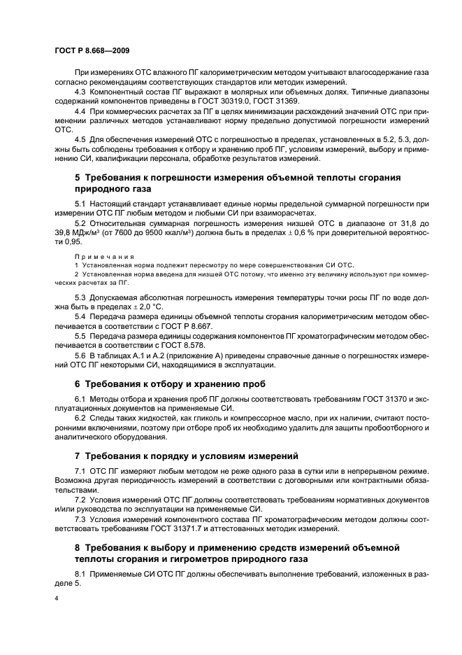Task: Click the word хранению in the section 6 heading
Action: [202, 384]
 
